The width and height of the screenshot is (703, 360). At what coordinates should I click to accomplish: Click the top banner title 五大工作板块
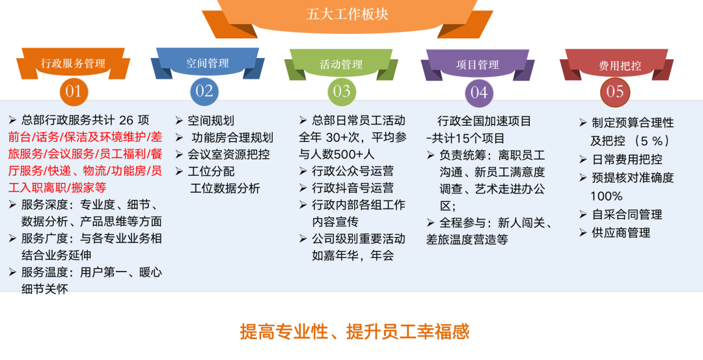347,14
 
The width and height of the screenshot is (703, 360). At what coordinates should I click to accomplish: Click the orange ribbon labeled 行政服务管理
73,64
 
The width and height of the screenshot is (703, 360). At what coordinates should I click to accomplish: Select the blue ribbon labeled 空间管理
208,63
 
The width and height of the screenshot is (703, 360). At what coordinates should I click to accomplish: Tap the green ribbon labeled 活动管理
341,64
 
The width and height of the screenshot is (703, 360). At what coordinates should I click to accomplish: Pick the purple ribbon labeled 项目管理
478,64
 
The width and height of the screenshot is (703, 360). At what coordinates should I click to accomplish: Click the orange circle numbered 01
74,91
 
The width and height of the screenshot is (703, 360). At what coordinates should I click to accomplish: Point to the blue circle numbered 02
204,91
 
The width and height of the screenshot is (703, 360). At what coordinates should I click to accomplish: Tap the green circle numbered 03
342,91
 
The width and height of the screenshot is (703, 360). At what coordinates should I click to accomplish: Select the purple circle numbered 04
478,92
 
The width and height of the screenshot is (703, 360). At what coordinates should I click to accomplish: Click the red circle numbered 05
614,92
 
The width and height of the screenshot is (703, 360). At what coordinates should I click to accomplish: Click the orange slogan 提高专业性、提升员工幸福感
354,331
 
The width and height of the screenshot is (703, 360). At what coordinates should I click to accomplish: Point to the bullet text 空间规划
211,120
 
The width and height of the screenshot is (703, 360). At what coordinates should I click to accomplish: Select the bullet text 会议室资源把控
228,154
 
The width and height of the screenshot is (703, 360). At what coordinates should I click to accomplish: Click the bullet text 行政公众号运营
353,171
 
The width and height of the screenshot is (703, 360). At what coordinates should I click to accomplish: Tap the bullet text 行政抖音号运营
353,188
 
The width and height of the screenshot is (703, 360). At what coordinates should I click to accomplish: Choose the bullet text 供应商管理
621,232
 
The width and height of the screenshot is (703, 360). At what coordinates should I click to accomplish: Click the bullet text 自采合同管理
627,214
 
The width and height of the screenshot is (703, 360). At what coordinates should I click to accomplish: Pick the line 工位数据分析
225,188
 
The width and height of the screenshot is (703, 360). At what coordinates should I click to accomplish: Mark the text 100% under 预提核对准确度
606,196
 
